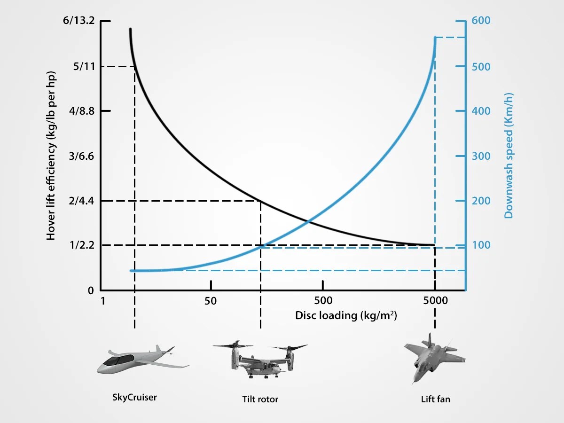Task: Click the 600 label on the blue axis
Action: [481, 21]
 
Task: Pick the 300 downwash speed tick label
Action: [481, 156]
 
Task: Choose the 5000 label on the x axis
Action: [435, 301]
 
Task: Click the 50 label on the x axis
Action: [211, 301]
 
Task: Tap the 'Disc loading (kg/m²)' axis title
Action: [346, 315]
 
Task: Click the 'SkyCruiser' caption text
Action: [134, 398]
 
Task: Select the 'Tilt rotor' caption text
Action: [260, 399]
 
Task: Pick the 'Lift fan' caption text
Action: [435, 399]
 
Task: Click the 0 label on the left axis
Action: [91, 290]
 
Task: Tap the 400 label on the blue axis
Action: [481, 111]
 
